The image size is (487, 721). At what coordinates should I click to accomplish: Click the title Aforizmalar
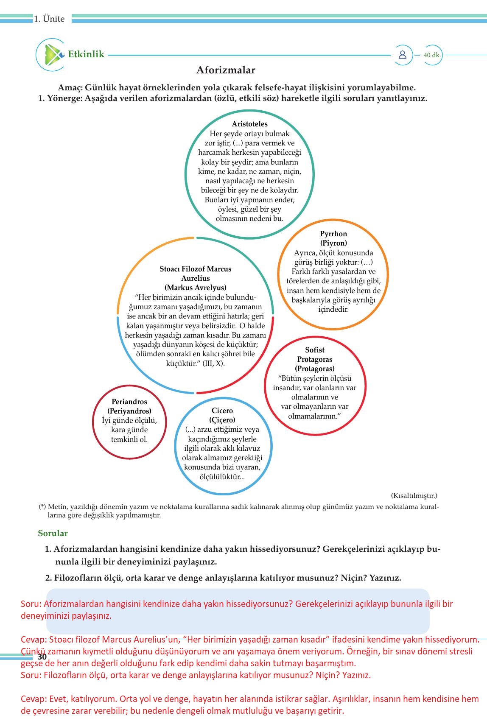point(226,70)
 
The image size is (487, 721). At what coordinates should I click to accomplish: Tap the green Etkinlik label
point(86,54)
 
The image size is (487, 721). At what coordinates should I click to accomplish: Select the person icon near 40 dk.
point(402,55)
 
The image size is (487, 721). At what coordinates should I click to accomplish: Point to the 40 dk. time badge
point(432,55)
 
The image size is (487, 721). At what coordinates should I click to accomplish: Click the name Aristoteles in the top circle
point(249,124)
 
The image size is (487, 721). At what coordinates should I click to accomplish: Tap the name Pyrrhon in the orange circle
point(333,234)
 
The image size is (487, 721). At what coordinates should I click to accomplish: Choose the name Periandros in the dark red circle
point(129,402)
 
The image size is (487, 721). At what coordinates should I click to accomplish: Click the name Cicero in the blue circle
point(222,411)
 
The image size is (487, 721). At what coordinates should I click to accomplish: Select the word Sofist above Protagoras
point(315,350)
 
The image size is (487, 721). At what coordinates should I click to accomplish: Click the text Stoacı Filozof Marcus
point(196,269)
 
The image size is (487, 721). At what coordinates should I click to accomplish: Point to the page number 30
point(42,657)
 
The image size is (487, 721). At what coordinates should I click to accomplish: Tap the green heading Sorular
point(53,533)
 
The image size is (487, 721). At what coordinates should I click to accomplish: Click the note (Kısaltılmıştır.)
point(414,495)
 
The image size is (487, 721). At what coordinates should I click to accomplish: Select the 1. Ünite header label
point(50,19)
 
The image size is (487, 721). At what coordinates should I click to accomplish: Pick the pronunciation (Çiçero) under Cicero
point(222,420)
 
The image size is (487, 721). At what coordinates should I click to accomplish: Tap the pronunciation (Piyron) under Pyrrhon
point(333,243)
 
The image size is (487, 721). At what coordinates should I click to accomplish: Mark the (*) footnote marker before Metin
point(42,506)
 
